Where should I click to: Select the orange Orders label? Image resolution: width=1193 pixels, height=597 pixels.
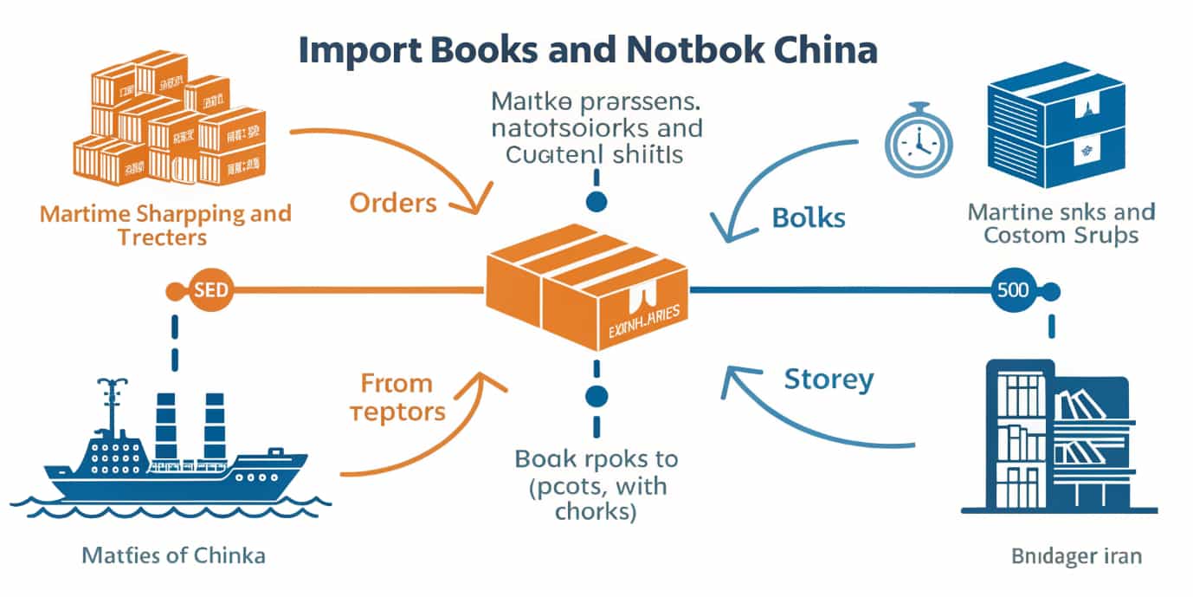(x=393, y=203)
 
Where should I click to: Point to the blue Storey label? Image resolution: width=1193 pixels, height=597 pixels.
(x=829, y=379)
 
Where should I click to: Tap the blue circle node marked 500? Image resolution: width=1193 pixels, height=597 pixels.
(x=1012, y=290)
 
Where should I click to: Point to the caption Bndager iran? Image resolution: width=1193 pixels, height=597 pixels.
(x=1076, y=555)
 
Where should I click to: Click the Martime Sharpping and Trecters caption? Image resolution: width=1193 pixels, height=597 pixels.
(x=165, y=224)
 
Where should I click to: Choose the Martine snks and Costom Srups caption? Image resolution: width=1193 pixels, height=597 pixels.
(x=1061, y=223)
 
